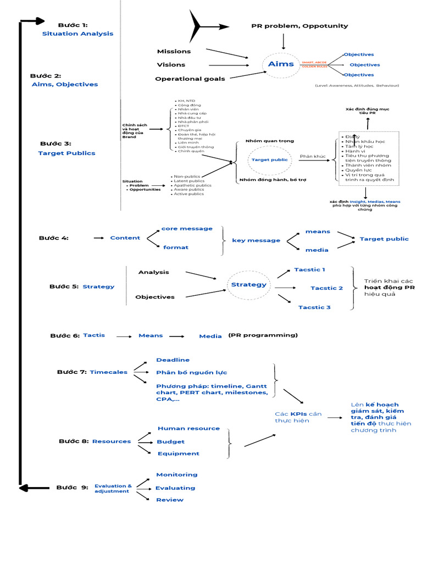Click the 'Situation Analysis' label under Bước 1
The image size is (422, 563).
tap(77, 34)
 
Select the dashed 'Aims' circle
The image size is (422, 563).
tap(281, 65)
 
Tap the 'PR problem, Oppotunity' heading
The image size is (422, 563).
tap(299, 26)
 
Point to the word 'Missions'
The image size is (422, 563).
tap(174, 51)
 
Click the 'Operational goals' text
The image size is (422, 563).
tap(190, 79)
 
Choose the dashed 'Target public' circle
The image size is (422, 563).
tap(269, 159)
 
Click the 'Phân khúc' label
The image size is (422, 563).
tap(313, 157)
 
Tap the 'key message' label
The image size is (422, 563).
tap(256, 240)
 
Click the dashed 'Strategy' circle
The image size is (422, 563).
tap(248, 285)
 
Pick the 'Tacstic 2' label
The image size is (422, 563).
tap(326, 288)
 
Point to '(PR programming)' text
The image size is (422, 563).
tap(263, 335)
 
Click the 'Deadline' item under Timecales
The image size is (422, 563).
tap(173, 360)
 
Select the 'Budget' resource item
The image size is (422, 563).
tap(170, 441)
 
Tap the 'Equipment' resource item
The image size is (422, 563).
tap(178, 454)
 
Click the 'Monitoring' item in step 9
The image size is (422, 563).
tap(176, 474)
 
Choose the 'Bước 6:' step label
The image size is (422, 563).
tap(65, 335)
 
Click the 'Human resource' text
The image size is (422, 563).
tap(188, 428)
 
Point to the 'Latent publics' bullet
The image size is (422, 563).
tap(189, 181)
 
